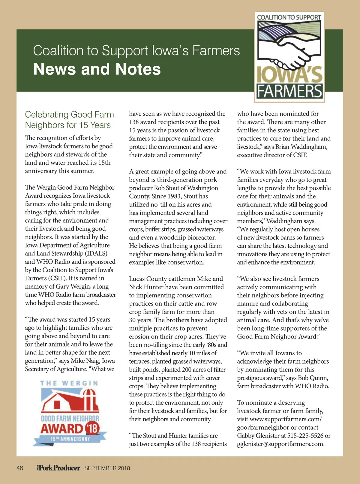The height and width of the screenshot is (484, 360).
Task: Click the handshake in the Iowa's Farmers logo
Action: [x=288, y=54]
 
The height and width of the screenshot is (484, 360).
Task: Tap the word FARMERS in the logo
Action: [x=289, y=91]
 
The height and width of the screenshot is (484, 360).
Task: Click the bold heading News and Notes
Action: [x=97, y=69]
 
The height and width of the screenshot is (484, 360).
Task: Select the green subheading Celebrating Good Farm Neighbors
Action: [x=69, y=119]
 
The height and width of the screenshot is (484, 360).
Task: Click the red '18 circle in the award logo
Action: [x=92, y=428]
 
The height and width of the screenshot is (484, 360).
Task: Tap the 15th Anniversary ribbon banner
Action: [x=70, y=439]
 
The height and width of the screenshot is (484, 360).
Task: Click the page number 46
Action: [x=20, y=468]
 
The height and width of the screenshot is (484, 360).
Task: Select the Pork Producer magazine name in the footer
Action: [x=59, y=468]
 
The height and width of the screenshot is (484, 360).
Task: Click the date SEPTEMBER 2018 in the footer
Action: [x=107, y=468]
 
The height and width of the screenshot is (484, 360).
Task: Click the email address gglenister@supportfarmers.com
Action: [x=280, y=444]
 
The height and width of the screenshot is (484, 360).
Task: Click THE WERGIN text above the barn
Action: [x=69, y=383]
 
